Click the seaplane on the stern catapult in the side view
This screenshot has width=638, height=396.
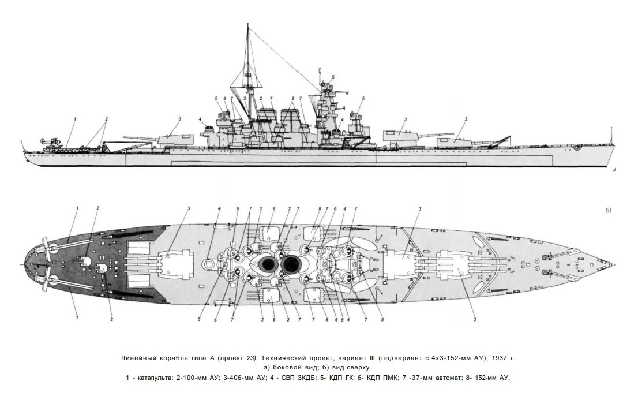coord(50,140)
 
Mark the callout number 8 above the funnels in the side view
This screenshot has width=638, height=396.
coord(292,98)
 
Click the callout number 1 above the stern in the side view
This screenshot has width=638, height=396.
coord(75,119)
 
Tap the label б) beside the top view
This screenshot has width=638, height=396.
coord(608,210)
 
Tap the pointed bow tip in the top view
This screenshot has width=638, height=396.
coord(614,264)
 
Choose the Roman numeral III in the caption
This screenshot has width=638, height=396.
coord(359,358)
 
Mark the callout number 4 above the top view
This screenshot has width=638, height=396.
coord(220,208)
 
